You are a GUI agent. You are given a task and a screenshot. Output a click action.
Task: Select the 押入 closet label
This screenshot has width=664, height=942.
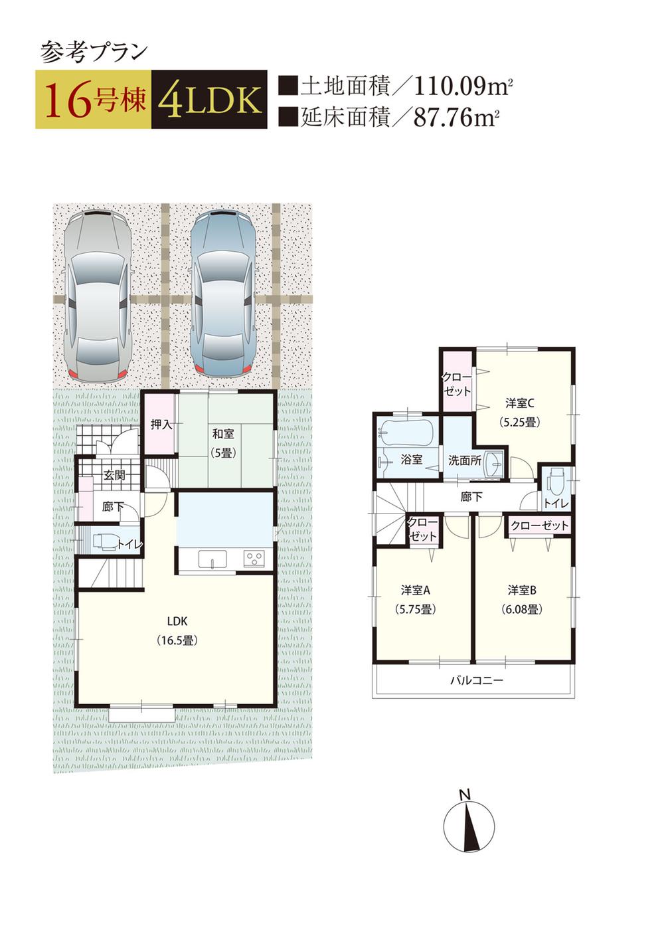coord(161,424)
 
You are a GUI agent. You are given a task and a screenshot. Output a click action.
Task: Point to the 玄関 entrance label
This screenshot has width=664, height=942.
coord(114,475)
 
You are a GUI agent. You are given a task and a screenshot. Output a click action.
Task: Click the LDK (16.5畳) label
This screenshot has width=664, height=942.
coord(177,630)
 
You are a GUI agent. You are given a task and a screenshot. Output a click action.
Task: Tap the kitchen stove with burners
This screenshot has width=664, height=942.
coord(253,557)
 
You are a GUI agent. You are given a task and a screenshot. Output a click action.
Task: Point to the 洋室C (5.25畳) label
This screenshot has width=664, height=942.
coord(520,411)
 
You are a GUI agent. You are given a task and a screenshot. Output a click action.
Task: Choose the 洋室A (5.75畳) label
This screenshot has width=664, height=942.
coord(416,599)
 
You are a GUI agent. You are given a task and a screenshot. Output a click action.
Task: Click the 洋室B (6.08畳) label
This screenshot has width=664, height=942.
coord(522,599)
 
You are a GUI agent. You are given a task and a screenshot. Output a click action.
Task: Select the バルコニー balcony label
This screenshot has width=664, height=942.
coord(476,680)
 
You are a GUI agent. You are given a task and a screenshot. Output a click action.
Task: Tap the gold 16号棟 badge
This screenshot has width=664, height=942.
coord(94,100)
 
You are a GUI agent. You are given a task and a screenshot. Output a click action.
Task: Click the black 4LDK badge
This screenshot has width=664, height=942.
coord(209,100)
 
